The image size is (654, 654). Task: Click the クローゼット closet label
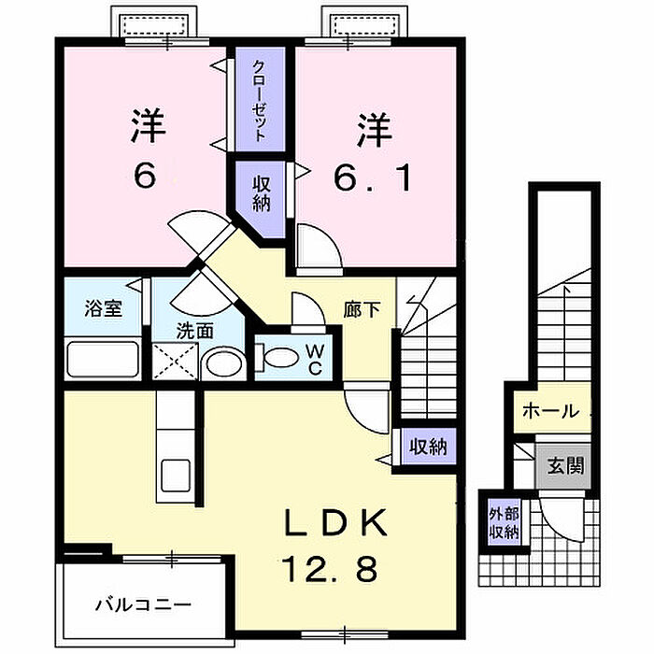point(260,101)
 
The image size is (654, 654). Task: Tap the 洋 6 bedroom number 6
point(145,175)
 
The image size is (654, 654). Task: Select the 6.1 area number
point(373,178)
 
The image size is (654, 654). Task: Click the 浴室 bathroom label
point(103,308)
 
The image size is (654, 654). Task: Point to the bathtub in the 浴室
point(103,359)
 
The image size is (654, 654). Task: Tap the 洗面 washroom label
point(194,331)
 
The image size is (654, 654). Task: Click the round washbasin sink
point(224,363)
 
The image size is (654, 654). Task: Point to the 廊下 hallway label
point(363,310)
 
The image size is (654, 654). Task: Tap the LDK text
point(335,523)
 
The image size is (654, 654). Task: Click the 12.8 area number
point(330,569)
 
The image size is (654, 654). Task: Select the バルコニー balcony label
point(143,604)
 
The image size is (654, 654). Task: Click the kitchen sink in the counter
point(176,475)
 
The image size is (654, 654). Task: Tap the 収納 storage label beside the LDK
point(428,447)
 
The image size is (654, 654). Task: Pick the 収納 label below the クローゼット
point(261,194)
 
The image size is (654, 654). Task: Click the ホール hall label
point(550,412)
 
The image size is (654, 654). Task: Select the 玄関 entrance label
point(565,465)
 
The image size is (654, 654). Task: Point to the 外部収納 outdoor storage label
point(504,522)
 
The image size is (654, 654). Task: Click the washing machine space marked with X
point(175,361)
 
